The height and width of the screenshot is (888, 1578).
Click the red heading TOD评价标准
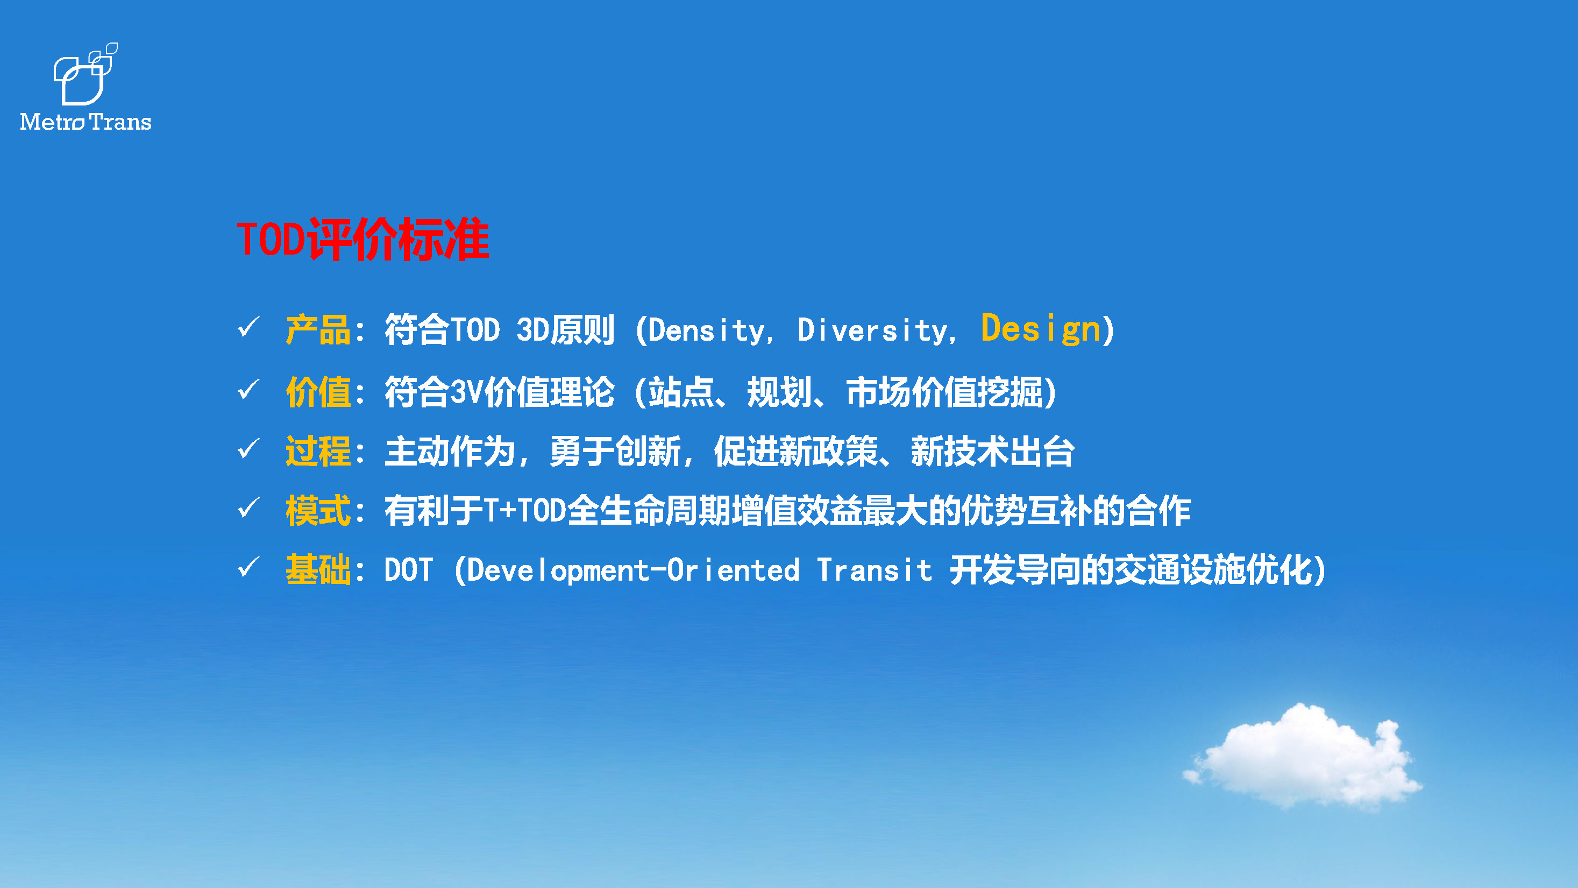pyautogui.click(x=362, y=239)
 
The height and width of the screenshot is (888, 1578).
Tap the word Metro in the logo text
pyautogui.click(x=52, y=122)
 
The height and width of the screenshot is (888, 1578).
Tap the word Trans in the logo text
pyautogui.click(x=120, y=122)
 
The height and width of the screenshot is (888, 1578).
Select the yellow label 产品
pyautogui.click(x=318, y=330)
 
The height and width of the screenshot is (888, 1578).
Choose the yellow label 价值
pyautogui.click(x=318, y=392)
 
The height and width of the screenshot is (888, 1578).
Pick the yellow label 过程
pyautogui.click(x=318, y=451)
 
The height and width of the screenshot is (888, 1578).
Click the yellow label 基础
pyautogui.click(x=318, y=569)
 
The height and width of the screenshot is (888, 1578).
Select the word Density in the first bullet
pyautogui.click(x=706, y=331)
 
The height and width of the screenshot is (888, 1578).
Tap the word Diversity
pyautogui.click(x=872, y=331)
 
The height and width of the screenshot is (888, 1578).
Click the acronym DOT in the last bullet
pyautogui.click(x=409, y=570)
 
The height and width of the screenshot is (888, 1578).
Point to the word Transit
pyautogui.click(x=875, y=570)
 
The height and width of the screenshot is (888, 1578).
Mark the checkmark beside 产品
pyautogui.click(x=248, y=327)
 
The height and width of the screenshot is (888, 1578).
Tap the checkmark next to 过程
pyautogui.click(x=248, y=449)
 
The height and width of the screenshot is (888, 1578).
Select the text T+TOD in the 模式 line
pyautogui.click(x=524, y=511)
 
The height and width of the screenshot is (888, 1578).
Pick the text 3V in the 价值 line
pyautogui.click(x=467, y=392)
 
